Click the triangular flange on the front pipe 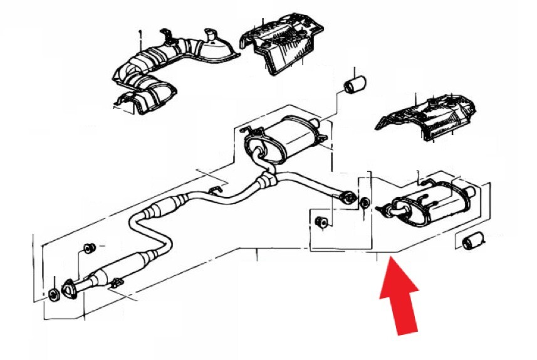pyautogui.click(x=71, y=289)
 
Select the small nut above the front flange pyautogui.click(x=88, y=248)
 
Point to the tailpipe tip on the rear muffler pyautogui.click(x=467, y=190)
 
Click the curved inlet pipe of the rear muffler pyautogui.click(x=390, y=209)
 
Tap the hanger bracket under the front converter pyautogui.click(x=116, y=285)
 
